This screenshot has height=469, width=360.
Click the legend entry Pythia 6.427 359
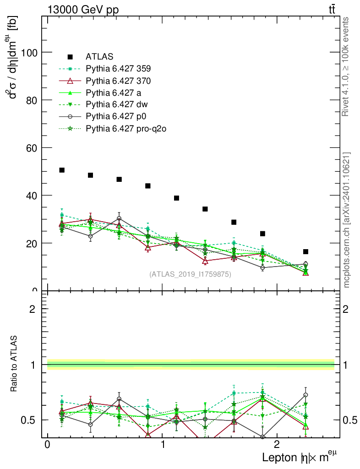pos(118,69)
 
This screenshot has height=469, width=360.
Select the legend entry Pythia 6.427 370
pos(118,81)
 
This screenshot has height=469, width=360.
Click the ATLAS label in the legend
pos(99,57)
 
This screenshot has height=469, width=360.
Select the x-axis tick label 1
pos(163,445)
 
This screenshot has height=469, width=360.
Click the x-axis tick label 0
pos(47,445)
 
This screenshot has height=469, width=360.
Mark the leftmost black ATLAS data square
pos(62,170)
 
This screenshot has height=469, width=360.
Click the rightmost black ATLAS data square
pos(305,251)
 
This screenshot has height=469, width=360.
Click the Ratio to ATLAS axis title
pos(14,365)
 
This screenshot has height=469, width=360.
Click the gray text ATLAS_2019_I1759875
pos(190,274)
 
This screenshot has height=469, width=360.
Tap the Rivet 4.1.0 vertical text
pos(346,66)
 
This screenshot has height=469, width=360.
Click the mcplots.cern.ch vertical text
pos(346,220)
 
